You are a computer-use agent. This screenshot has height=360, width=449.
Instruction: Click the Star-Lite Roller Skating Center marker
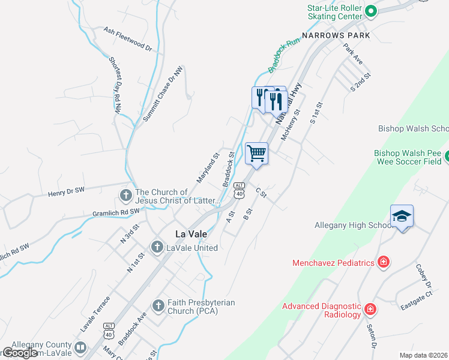click(x=371, y=10)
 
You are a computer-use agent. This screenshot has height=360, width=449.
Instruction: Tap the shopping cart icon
click(x=256, y=153)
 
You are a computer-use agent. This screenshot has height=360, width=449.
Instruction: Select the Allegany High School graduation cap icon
click(x=402, y=216)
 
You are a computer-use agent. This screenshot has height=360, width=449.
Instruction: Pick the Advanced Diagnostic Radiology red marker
click(x=371, y=309)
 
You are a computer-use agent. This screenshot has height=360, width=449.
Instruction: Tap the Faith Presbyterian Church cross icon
click(x=158, y=306)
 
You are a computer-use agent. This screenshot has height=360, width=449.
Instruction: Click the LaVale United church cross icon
click(x=157, y=247)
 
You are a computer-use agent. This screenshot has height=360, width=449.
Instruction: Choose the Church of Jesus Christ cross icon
click(x=125, y=195)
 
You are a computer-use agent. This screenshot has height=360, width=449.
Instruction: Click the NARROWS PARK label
click(x=336, y=36)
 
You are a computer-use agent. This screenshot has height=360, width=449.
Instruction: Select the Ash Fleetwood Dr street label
click(x=128, y=38)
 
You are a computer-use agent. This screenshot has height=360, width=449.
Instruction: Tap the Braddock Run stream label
click(x=283, y=56)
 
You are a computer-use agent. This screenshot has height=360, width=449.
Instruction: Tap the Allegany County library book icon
click(x=80, y=347)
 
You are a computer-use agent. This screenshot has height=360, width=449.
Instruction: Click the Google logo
click(x=20, y=353)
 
